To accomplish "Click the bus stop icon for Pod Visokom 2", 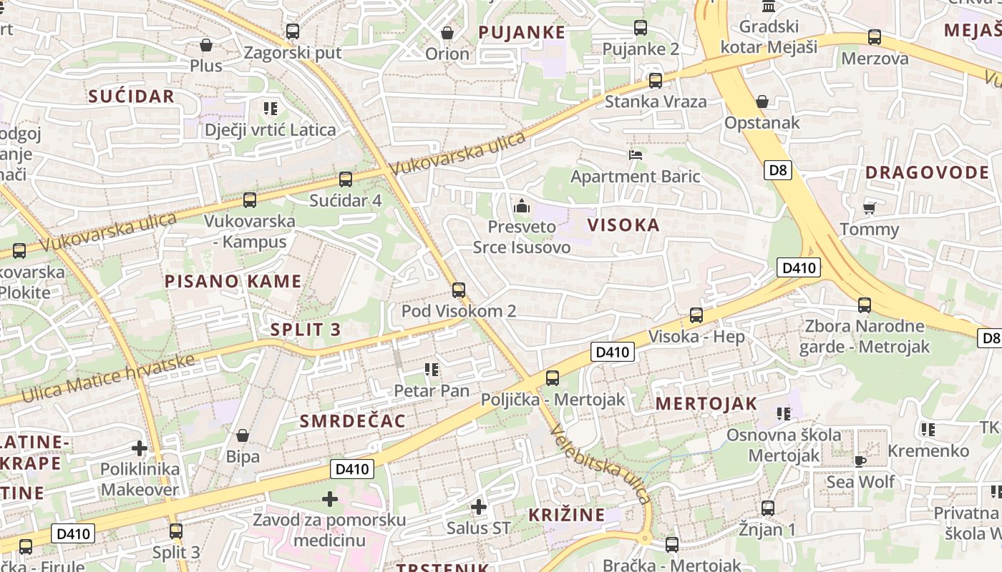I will click(459, 290).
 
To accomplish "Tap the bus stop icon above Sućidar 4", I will click(346, 179).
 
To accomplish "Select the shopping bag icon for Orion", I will click(447, 33).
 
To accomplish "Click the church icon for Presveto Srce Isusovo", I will click(522, 206).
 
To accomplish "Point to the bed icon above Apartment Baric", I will click(635, 154).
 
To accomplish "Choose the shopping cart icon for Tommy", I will click(869, 208).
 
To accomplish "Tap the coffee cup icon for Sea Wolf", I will click(860, 460).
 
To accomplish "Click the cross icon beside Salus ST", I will click(479, 507).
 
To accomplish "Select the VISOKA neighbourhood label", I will click(623, 225).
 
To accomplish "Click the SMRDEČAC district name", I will click(353, 421).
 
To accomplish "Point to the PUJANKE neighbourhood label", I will click(522, 32).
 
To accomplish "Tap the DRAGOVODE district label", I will click(927, 172).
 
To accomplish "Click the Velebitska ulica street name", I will click(600, 464).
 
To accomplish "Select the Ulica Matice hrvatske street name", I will click(108, 378).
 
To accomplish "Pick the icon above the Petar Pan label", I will click(431, 370).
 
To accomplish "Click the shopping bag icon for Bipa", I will click(243, 435).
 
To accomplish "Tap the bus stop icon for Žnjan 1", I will click(768, 508).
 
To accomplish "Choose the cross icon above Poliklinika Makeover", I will click(140, 448).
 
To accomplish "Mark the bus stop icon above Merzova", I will click(874, 37).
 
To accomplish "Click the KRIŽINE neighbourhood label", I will click(566, 515).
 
